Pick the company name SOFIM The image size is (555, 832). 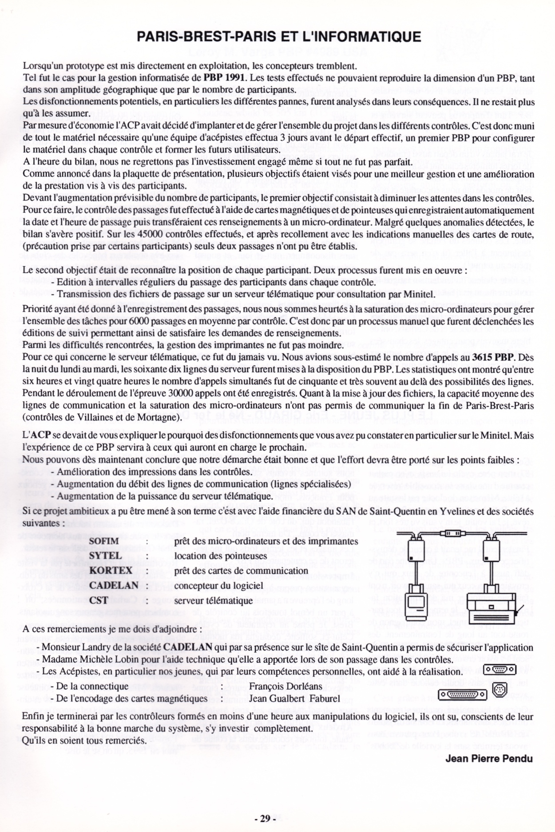pyautogui.click(x=104, y=541)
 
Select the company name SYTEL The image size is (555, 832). pyautogui.click(x=105, y=556)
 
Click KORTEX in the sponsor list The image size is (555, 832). pyautogui.click(x=111, y=571)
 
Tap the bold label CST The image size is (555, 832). pyautogui.click(x=99, y=600)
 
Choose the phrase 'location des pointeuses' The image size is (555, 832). pyautogui.click(x=220, y=556)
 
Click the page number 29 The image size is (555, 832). pyautogui.click(x=265, y=806)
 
